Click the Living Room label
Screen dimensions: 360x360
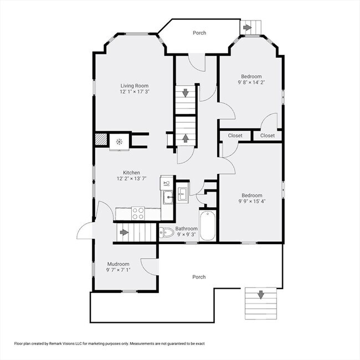tap(135, 86)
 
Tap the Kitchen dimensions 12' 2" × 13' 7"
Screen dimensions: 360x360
tap(132, 179)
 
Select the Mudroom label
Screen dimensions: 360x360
tap(118, 264)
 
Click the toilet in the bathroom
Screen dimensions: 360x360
tap(167, 233)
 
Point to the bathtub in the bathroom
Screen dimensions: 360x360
tap(208, 225)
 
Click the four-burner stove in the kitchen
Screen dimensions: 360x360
tap(138, 214)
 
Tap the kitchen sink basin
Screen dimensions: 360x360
tap(168, 198)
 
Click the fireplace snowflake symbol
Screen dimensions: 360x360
tap(119, 142)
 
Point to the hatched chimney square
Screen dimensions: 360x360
tap(101, 140)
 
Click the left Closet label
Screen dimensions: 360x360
tap(235, 136)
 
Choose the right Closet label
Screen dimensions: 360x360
tap(268, 136)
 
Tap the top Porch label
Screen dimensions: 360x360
tap(199, 33)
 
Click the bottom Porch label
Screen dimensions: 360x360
tap(199, 277)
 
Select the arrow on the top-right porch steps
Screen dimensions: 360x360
tap(247, 28)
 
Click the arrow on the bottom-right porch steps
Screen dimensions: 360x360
tap(261, 295)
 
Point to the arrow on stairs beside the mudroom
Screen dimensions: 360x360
tap(124, 233)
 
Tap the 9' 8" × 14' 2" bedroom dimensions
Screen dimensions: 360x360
tap(251, 83)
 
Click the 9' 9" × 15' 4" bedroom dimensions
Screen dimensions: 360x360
tap(252, 202)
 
